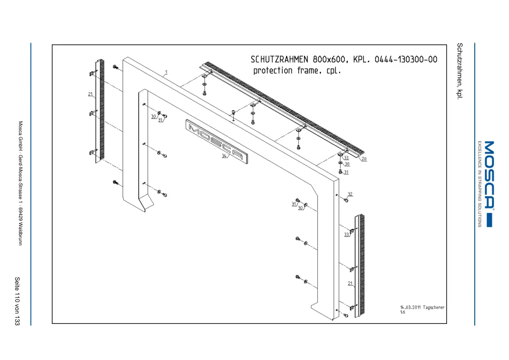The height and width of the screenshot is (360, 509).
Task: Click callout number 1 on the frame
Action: click(x=166, y=72)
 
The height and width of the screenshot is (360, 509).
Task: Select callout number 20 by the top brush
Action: click(x=364, y=159)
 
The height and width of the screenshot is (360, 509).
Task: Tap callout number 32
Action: click(x=350, y=194)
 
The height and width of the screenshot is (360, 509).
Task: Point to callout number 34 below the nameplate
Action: click(x=224, y=156)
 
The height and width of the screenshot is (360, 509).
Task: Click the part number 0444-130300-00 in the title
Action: click(x=406, y=59)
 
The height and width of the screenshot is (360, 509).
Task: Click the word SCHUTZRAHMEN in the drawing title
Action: click(x=279, y=59)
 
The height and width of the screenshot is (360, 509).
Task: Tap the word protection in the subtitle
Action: click(x=273, y=70)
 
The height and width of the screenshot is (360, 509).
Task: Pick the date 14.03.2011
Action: click(x=410, y=307)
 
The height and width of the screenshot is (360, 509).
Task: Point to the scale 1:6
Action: click(x=403, y=312)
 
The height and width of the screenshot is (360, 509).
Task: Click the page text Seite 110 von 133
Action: click(x=17, y=301)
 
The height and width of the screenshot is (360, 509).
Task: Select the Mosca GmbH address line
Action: click(x=20, y=183)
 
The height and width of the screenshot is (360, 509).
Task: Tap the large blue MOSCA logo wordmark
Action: click(x=489, y=174)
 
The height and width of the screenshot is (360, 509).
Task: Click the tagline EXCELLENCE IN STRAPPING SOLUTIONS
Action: click(x=479, y=184)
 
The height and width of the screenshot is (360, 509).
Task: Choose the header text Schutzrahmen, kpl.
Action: click(x=459, y=70)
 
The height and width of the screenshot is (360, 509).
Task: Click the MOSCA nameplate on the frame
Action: click(x=217, y=141)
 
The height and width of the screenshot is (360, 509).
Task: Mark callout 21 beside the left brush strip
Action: click(x=90, y=94)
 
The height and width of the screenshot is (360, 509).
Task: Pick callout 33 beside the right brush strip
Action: click(x=347, y=235)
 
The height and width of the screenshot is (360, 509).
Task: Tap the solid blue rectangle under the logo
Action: click(x=490, y=220)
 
